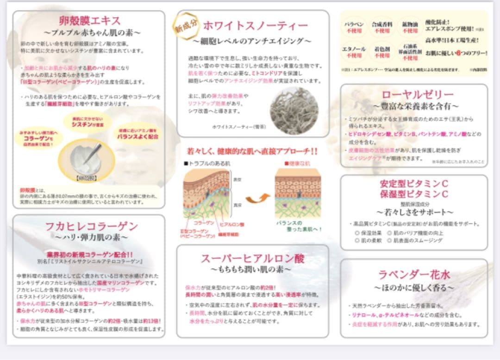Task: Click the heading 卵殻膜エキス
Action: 90,21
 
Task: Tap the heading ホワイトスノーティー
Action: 255,25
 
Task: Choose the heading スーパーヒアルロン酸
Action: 253,258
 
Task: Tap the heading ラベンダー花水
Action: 414,275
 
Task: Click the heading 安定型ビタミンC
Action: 414,183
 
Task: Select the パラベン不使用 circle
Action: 354,27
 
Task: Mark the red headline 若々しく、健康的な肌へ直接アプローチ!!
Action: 252,151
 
